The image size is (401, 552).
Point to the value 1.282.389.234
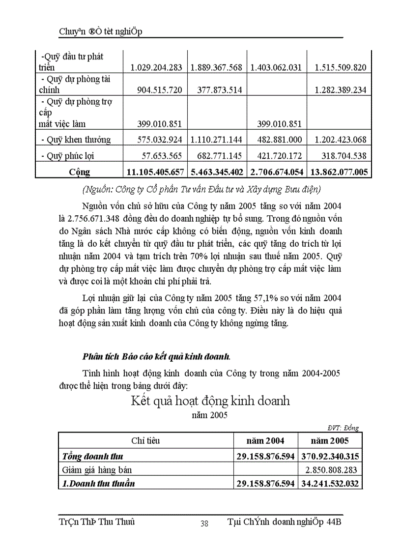338,90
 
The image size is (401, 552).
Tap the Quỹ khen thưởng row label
76,140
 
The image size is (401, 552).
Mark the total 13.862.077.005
338,172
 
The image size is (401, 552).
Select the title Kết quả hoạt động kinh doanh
210,401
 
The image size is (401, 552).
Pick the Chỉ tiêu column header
145,441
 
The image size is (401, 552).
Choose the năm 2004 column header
265,441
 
